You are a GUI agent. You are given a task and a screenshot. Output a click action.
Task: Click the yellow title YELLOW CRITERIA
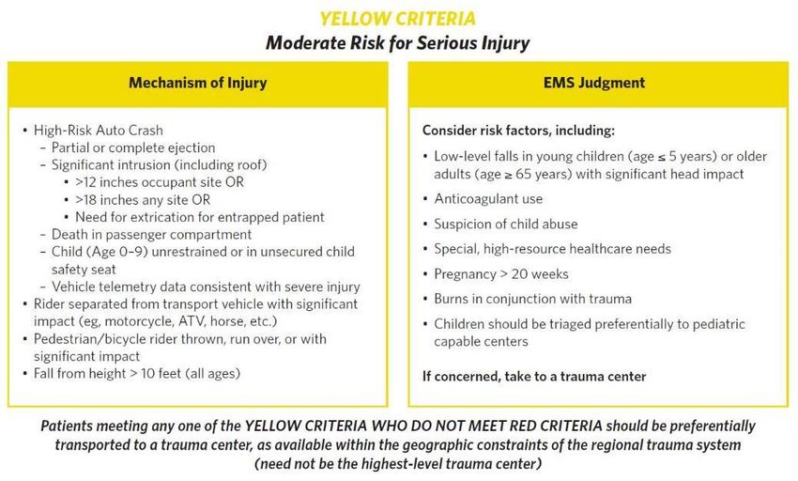pos(397,19)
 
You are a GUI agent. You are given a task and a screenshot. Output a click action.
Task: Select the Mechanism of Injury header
pos(197,83)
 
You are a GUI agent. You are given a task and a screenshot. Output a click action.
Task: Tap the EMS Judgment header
pos(594,83)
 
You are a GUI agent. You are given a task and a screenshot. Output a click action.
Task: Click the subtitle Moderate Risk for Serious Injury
pos(397,43)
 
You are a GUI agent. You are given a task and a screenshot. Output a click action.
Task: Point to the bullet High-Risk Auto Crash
pos(99,131)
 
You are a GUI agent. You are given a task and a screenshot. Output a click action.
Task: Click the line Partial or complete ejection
pos(133,147)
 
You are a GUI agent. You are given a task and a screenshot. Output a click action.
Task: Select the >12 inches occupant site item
pos(160,182)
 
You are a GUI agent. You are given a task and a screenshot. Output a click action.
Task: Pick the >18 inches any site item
pos(143,200)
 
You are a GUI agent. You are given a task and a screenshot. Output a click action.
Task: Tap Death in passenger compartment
pos(152,234)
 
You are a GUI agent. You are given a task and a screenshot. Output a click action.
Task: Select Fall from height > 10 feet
pos(137,374)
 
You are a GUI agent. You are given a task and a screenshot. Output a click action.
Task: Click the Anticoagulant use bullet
pos(488,199)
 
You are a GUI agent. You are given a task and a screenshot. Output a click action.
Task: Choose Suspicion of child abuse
pos(506,225)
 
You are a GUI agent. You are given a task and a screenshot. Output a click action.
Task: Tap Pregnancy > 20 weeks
pos(501,274)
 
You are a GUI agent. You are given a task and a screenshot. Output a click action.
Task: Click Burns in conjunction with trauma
pos(533,299)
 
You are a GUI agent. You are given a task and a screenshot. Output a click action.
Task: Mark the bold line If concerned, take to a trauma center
pos(534,377)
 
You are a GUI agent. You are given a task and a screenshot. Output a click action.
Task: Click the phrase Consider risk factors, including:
pos(518,131)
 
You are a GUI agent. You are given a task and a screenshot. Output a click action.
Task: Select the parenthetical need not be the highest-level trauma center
pos(398,464)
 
